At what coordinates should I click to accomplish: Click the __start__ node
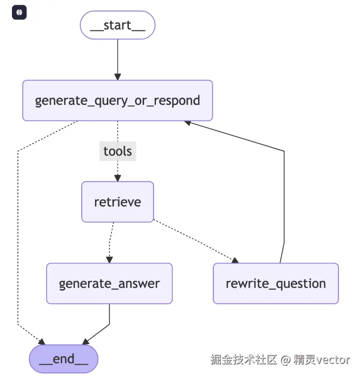click(117, 25)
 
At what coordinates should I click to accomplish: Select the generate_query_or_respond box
click(117, 101)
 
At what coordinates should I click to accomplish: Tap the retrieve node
click(117, 202)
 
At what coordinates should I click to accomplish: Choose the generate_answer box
click(109, 283)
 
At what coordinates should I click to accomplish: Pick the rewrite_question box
click(276, 283)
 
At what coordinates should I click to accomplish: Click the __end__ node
click(64, 359)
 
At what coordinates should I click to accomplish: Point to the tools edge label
click(117, 152)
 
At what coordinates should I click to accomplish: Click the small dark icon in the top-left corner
click(19, 13)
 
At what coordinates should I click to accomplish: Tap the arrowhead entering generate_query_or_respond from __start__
click(117, 77)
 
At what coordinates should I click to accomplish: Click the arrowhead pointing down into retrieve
click(117, 178)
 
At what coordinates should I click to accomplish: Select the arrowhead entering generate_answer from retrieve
click(109, 259)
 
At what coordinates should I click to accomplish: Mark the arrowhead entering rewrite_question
click(235, 260)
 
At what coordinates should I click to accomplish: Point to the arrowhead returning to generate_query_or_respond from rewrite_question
click(188, 123)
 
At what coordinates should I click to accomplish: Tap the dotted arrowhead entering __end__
click(42, 342)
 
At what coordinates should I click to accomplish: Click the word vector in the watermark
click(332, 359)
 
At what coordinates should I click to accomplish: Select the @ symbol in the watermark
click(285, 360)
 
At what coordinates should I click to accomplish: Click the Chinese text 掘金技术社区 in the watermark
click(244, 359)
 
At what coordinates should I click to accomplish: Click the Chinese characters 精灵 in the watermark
click(304, 359)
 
